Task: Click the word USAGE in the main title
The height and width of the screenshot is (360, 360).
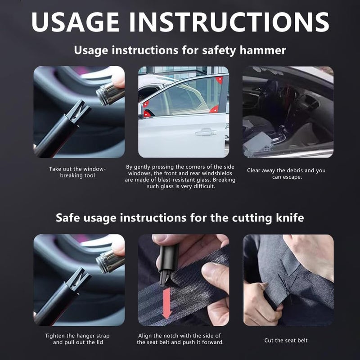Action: [75, 22]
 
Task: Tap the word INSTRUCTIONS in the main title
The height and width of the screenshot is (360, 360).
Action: [229, 22]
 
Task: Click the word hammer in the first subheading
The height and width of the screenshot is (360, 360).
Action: [263, 50]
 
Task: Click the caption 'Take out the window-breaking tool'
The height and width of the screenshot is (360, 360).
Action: [77, 172]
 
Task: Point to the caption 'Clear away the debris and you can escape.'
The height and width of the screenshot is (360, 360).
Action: [286, 174]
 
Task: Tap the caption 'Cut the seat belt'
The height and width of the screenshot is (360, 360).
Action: [286, 340]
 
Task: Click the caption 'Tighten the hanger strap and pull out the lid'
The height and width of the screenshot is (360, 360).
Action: [77, 339]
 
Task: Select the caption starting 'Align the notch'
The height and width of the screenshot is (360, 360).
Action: [180, 339]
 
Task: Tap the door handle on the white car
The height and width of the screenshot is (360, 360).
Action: [206, 132]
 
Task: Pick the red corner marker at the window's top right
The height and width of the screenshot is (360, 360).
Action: [219, 80]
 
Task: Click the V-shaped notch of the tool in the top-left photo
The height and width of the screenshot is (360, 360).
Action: [78, 111]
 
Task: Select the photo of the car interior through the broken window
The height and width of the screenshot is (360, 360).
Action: [288, 112]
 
